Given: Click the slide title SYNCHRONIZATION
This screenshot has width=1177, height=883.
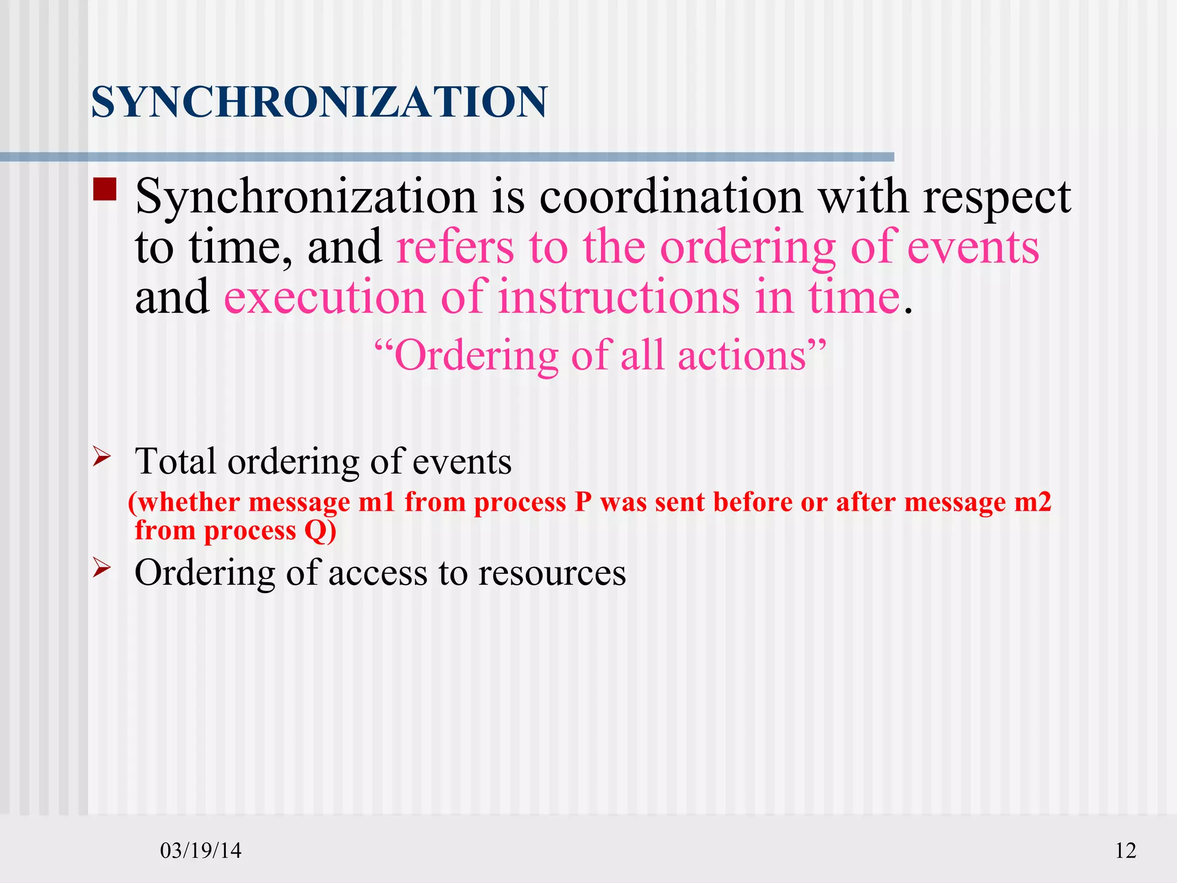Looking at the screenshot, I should (319, 102).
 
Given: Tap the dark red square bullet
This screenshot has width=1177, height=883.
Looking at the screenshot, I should (105, 189).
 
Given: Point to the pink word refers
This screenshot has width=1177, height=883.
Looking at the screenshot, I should (455, 247).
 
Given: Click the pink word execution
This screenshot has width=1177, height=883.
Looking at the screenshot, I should (325, 297).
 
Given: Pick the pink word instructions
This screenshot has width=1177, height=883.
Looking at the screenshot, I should (618, 297).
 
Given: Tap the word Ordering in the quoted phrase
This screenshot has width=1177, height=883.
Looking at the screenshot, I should (476, 356).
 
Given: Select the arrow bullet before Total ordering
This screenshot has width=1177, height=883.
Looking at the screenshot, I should (102, 458).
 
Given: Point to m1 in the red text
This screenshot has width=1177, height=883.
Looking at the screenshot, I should (377, 502).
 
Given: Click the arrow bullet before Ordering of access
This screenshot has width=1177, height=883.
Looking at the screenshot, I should (102, 569).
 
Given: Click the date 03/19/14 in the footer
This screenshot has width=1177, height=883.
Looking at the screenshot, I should (201, 850).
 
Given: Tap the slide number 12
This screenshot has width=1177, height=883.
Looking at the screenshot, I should (1125, 850).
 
